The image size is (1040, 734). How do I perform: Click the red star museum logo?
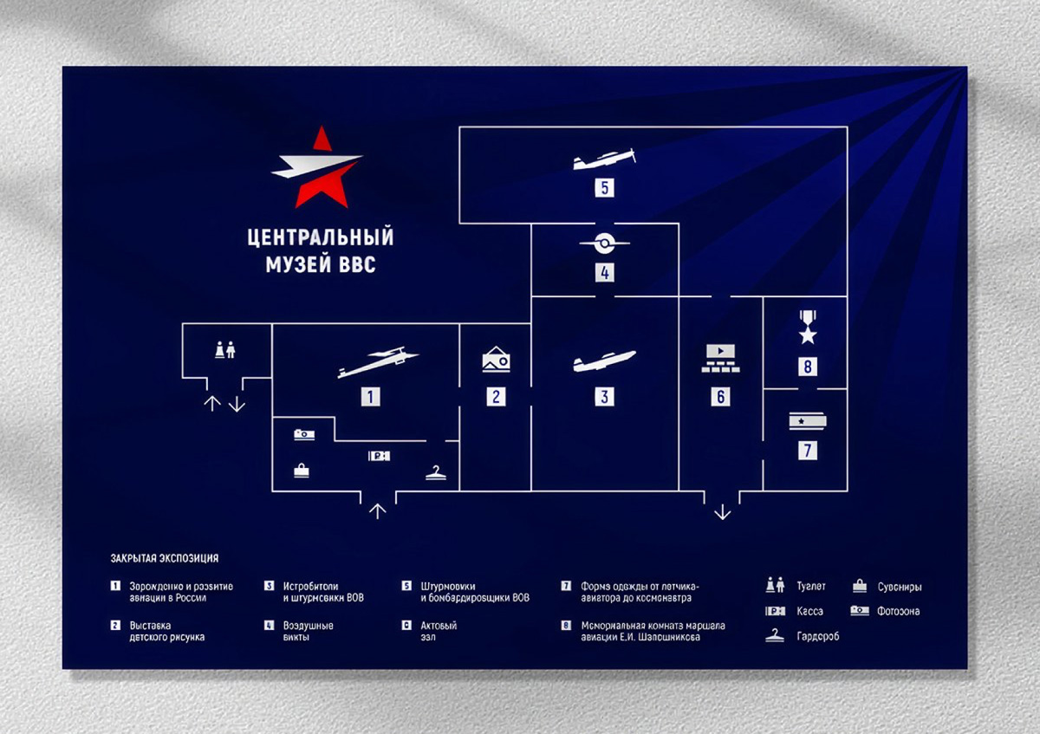(317, 168)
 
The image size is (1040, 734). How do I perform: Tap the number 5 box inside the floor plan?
(604, 186)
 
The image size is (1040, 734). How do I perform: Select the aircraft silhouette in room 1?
(378, 363)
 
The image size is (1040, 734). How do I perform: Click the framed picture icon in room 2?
(496, 359)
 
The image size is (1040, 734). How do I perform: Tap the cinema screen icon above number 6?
(720, 358)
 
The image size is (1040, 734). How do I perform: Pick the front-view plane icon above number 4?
(604, 242)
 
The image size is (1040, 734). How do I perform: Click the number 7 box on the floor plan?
(808, 450)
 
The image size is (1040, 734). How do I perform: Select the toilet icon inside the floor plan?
(225, 348)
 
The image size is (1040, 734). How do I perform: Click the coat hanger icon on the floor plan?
(436, 472)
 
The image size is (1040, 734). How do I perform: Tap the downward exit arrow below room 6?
(722, 512)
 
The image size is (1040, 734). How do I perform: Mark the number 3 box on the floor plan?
(604, 396)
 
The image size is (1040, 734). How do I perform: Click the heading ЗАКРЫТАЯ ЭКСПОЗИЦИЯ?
(165, 559)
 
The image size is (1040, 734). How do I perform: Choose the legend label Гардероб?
(818, 637)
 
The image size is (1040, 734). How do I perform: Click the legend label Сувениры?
(900, 587)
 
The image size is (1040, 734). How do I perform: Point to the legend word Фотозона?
(899, 612)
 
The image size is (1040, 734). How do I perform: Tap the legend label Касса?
(810, 612)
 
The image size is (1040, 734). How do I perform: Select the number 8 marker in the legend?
(566, 625)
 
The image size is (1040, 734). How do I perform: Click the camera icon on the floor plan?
(303, 434)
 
